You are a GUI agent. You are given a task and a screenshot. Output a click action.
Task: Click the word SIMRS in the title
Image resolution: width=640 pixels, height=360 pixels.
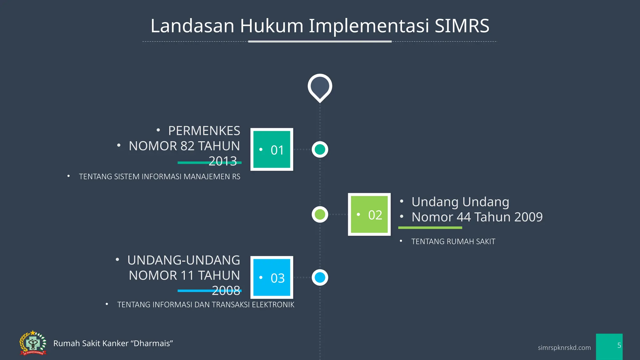[462, 26]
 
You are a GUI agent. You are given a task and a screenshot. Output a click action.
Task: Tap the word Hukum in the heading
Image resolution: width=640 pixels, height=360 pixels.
[272, 26]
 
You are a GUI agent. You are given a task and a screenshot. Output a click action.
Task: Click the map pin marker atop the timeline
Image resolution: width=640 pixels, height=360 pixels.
[320, 87]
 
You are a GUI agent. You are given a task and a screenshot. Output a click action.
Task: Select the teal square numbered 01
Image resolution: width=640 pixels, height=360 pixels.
[272, 149]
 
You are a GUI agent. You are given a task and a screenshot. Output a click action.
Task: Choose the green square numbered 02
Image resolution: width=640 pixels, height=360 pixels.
[369, 214]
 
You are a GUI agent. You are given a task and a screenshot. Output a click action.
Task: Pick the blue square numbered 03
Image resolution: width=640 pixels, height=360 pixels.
[272, 277]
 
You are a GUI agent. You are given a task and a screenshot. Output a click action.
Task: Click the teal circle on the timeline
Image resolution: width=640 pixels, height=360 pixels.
[320, 149]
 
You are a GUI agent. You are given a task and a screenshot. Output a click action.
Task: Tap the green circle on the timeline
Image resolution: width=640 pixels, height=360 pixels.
[320, 214]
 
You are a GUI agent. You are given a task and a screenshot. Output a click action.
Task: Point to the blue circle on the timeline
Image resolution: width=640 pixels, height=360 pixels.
[320, 277]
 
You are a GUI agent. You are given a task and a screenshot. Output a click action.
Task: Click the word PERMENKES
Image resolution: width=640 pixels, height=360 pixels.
[204, 131]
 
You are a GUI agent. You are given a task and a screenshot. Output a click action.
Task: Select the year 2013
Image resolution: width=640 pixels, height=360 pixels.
[222, 161]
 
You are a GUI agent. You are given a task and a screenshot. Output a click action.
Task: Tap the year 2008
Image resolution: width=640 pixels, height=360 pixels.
[226, 290]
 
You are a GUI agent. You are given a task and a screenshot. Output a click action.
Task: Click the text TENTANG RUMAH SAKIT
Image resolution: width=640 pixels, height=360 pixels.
[453, 242]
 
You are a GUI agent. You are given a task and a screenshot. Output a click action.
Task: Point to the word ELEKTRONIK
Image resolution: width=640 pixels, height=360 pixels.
[273, 305]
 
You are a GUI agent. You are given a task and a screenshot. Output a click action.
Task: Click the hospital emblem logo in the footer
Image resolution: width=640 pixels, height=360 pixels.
[33, 343]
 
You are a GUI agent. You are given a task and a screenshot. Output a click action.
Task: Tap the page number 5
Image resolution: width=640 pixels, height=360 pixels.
[619, 345]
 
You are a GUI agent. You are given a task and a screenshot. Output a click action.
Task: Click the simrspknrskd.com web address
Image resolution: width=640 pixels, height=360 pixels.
[564, 347]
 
